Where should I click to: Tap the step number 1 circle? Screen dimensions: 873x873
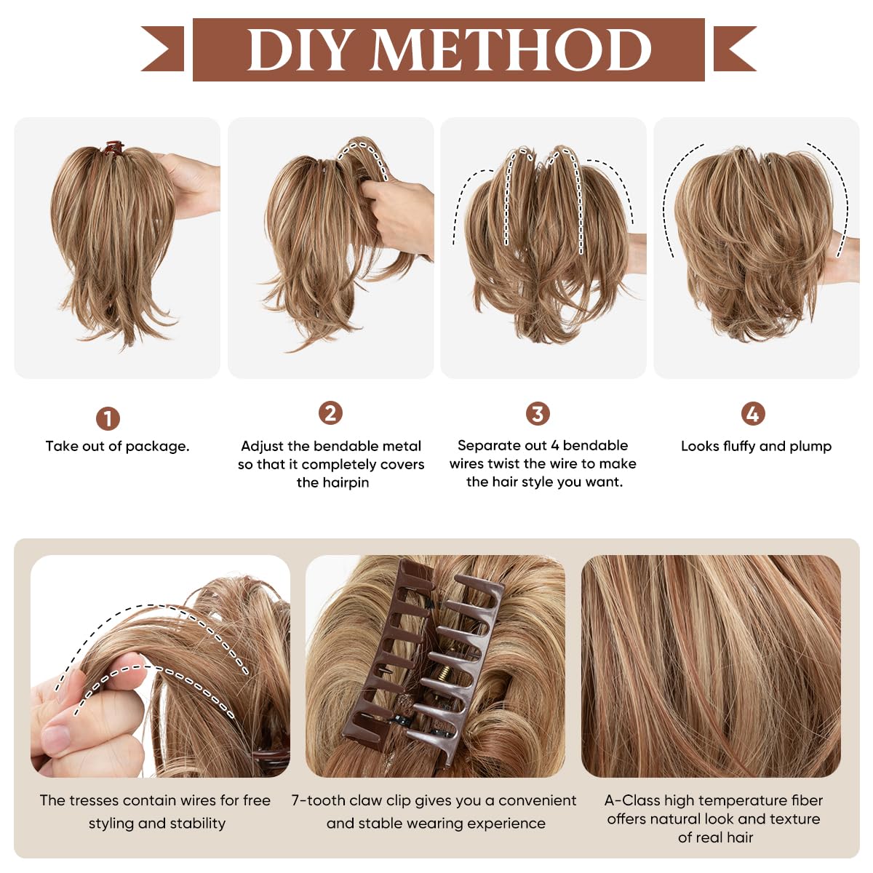point(108,419)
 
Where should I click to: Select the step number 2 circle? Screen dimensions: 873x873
point(330,413)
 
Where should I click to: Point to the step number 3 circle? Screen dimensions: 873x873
point(538,414)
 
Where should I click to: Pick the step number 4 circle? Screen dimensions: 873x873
point(752,414)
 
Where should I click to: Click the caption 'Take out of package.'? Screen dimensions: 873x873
point(117,446)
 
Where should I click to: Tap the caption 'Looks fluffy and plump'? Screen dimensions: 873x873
point(756,446)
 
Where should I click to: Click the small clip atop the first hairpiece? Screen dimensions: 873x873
point(113,148)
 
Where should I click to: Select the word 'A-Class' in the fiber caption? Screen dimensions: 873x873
point(631,800)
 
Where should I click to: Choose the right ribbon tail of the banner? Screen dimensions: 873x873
point(735,49)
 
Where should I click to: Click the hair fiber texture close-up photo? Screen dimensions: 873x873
point(711,666)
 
